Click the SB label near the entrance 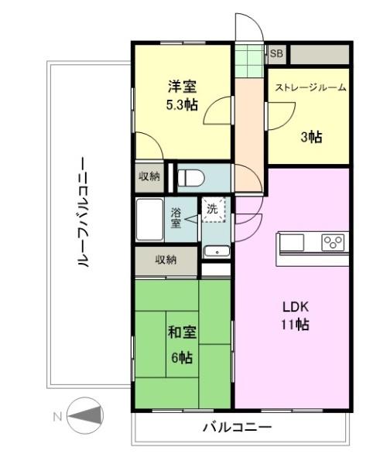click(x=276, y=53)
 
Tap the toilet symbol click(x=191, y=178)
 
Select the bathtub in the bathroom click(x=149, y=220)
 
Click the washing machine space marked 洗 click(x=214, y=210)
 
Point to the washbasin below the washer click(x=217, y=252)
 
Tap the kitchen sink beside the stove click(x=292, y=243)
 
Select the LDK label click(x=296, y=307)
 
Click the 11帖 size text click(x=296, y=325)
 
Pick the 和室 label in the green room click(x=182, y=333)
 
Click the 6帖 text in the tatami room click(x=182, y=357)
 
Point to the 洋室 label click(x=182, y=87)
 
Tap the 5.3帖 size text click(x=182, y=104)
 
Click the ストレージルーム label click(x=310, y=87)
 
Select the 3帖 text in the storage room click(x=312, y=137)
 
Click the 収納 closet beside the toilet click(x=149, y=176)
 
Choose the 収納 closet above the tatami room click(x=166, y=261)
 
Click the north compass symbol click(x=85, y=416)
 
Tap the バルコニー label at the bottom click(x=237, y=428)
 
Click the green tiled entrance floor click(x=249, y=61)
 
